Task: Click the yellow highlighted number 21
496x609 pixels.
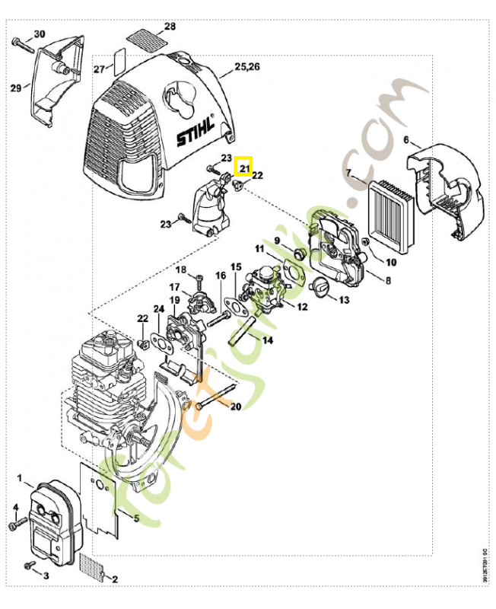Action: click(x=244, y=165)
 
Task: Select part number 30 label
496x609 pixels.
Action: click(x=40, y=33)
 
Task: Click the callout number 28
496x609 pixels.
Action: click(x=170, y=27)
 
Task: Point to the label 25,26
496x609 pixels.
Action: click(x=247, y=67)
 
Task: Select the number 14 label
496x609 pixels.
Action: click(x=267, y=340)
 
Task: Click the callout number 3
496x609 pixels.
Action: click(x=46, y=576)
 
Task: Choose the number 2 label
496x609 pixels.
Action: click(x=115, y=580)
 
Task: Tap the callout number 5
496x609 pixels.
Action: click(x=135, y=519)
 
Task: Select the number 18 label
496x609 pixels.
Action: click(x=181, y=270)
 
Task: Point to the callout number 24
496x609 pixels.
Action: click(x=158, y=309)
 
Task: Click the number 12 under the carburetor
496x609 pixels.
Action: click(x=302, y=307)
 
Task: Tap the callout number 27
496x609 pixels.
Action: click(x=98, y=69)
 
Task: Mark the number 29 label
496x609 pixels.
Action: click(x=15, y=88)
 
